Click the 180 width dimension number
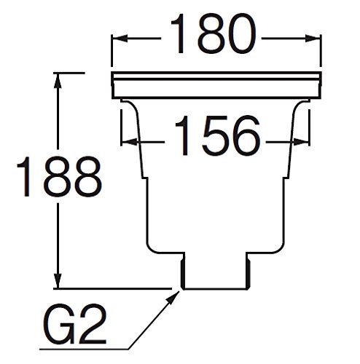point(214,33)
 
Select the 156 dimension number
point(217,135)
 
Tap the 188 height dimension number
point(59,176)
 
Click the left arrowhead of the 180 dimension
point(120,39)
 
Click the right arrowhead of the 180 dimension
point(313,39)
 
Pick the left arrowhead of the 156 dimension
point(129,142)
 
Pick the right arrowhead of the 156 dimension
point(301,142)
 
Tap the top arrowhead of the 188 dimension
point(58,81)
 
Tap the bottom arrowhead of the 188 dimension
point(58,280)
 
